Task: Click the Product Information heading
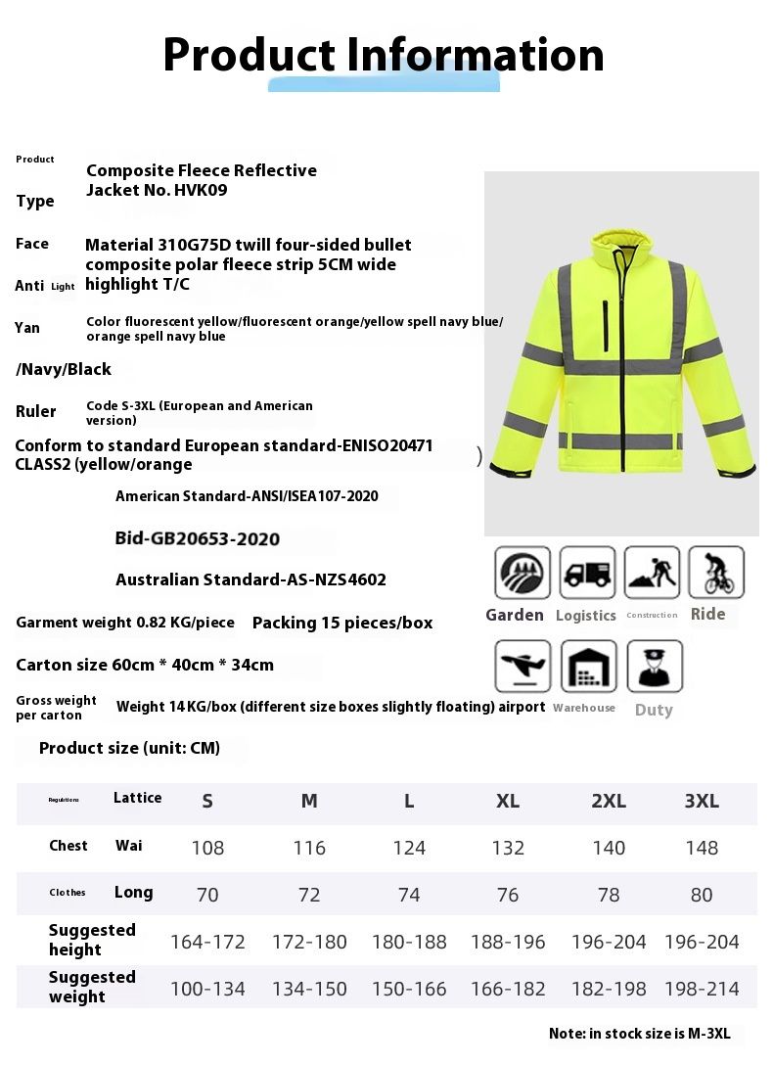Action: [383, 55]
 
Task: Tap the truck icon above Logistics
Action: [587, 573]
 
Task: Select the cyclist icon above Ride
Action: [715, 573]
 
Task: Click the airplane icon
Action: [523, 667]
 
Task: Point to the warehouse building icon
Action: [588, 667]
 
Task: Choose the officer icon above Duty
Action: [654, 667]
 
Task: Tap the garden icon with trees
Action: [523, 573]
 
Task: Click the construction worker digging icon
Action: [652, 573]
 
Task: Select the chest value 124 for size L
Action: [409, 848]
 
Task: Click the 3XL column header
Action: [702, 801]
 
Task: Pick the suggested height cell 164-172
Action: [207, 942]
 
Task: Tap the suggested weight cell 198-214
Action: [702, 989]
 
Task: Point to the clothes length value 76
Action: [508, 895]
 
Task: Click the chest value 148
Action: [702, 848]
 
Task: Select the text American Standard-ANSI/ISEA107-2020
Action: [247, 496]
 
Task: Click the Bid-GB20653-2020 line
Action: [198, 538]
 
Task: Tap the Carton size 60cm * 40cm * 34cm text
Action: [145, 665]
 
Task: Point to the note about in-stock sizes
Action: [639, 1033]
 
